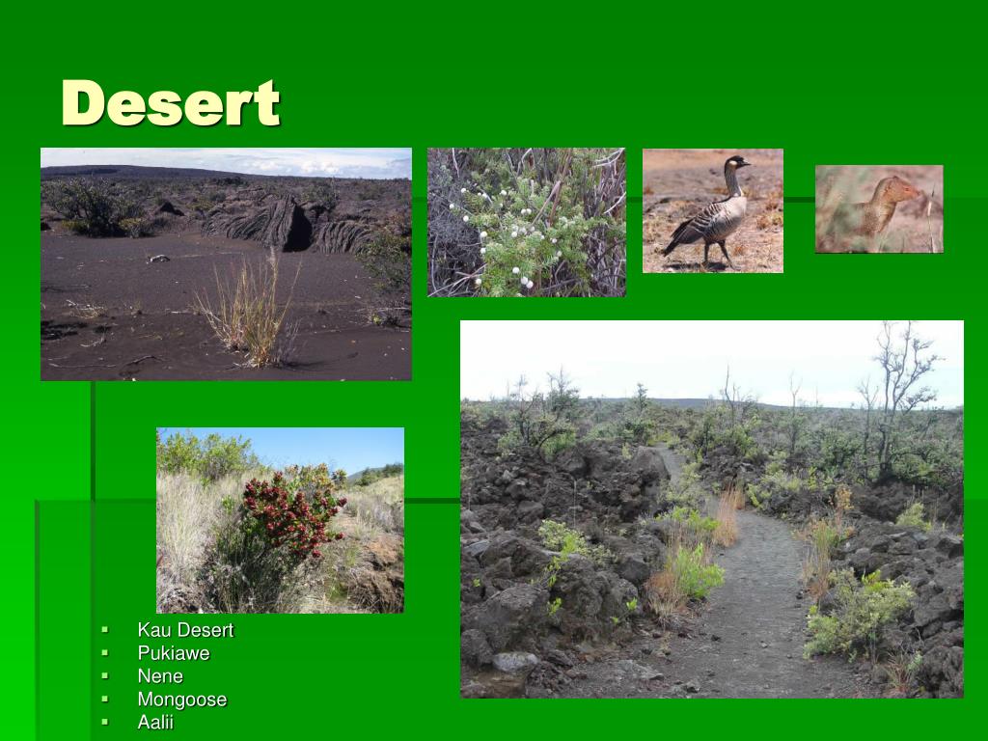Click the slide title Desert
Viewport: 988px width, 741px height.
pyautogui.click(x=171, y=103)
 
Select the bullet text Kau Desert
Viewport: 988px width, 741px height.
pyautogui.click(x=185, y=630)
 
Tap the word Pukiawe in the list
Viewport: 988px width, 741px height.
pyautogui.click(x=174, y=653)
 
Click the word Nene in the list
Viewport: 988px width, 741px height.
pyautogui.click(x=160, y=676)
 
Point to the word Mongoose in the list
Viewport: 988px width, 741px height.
pyautogui.click(x=182, y=700)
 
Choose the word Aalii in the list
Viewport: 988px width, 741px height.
pyautogui.click(x=155, y=723)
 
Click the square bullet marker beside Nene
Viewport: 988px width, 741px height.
pyautogui.click(x=105, y=676)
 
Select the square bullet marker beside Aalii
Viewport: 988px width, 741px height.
pyautogui.click(x=105, y=723)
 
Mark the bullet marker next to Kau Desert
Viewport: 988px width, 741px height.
pyautogui.click(x=105, y=631)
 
